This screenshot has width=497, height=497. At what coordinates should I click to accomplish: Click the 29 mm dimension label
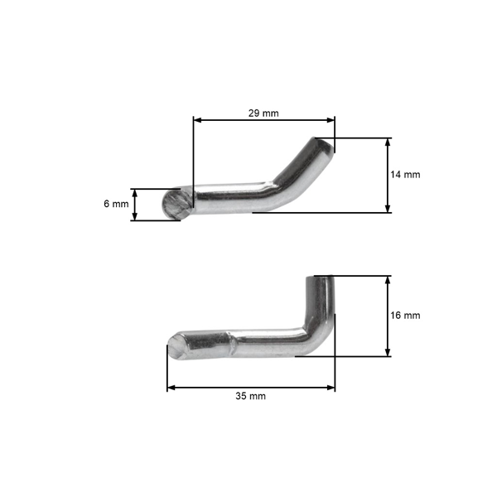(264, 113)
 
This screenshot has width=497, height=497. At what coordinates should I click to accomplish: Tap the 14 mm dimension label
(406, 175)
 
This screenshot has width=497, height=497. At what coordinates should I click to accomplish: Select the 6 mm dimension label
(116, 204)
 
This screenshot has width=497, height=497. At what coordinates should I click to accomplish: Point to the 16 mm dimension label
(406, 316)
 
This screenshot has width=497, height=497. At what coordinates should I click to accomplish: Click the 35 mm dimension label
(251, 397)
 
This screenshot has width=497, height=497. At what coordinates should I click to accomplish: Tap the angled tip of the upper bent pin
(325, 146)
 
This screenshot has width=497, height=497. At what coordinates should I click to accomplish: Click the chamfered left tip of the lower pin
(176, 345)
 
